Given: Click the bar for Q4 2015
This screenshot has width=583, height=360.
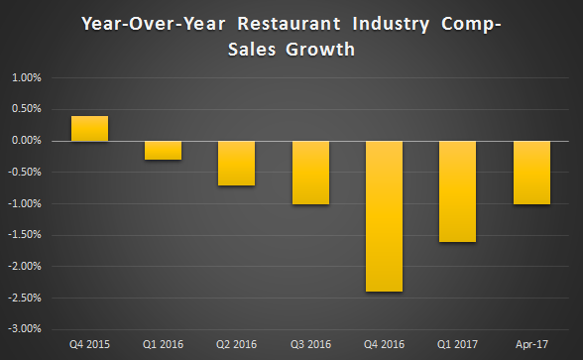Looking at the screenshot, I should pos(89,129).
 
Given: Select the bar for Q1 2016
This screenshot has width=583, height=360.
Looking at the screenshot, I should pos(163,150).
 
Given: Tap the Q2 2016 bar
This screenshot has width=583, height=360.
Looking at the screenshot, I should pos(237,163).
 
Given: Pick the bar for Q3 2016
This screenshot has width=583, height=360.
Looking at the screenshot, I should pos(310,173).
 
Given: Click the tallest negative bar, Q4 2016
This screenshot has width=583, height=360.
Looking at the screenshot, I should pos(385,216).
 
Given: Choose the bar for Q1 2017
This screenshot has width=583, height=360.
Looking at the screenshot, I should pos(458,191).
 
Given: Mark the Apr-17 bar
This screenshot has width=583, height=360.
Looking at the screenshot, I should pos(531,173).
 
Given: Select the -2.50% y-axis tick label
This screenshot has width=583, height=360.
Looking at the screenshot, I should pos(24,298).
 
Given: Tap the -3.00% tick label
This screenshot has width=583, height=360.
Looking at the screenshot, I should pos(24,328).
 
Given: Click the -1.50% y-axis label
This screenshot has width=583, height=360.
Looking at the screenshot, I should pos(24,235).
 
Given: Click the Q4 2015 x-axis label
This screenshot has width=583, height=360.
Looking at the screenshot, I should pos(89,344).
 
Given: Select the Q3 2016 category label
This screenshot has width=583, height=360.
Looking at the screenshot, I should pos(310,344).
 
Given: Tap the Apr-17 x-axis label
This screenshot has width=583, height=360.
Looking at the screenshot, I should pos(531,344).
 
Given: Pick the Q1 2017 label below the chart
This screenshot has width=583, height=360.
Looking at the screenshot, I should pos(458,344).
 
